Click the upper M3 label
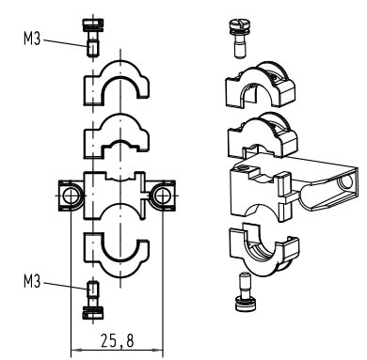pyautogui.click(x=32, y=39)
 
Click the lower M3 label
pyautogui.click(x=32, y=281)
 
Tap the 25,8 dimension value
pyautogui.click(x=117, y=340)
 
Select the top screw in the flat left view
pyautogui.click(x=93, y=38)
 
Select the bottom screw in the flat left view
pyautogui.click(x=93, y=300)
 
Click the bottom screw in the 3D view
pyautogui.click(x=246, y=292)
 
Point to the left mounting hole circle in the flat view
pyautogui.click(x=72, y=196)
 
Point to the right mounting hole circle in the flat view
pyautogui.click(x=162, y=196)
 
